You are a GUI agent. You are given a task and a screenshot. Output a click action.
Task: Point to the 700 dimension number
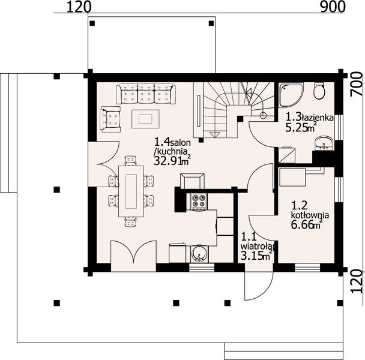pos(356,89)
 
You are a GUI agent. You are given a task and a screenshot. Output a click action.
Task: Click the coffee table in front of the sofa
pos(146,117)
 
